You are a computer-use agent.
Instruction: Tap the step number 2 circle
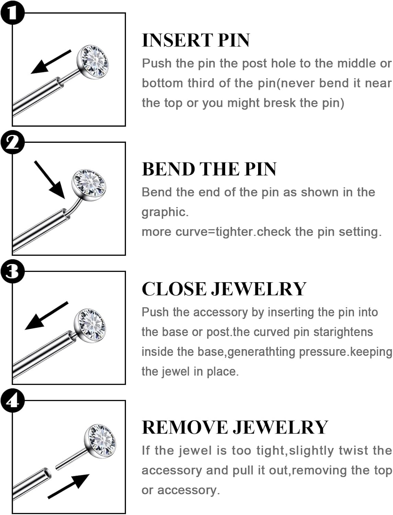point(12,141)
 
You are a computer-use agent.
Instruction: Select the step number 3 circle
point(12,271)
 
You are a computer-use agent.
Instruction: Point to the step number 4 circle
point(12,400)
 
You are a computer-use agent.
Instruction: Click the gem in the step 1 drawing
point(93,62)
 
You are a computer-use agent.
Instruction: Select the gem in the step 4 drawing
point(100,440)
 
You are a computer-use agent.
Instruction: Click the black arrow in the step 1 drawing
point(50,62)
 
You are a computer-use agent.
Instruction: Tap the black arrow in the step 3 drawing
point(46,316)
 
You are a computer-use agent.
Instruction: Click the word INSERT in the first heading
point(177,41)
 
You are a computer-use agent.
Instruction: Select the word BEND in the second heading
point(168,169)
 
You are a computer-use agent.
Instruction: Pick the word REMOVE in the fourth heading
point(185,428)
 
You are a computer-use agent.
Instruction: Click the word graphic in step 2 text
point(165,212)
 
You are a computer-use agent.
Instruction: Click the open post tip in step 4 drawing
point(47,474)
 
